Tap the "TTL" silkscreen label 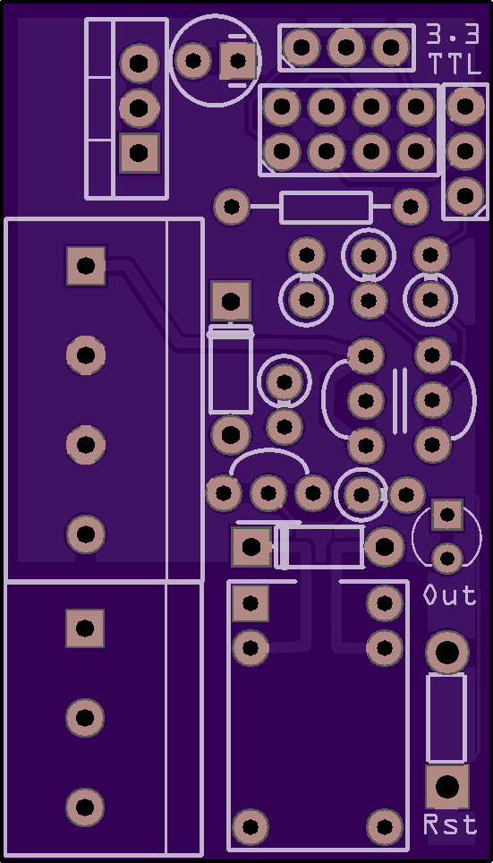(454, 64)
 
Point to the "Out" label (449, 595)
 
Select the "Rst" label (450, 825)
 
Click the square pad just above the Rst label (446, 787)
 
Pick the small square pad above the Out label (446, 515)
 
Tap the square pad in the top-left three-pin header (140, 152)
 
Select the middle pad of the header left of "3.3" (346, 47)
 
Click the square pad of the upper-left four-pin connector (86, 266)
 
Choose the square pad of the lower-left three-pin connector (85, 628)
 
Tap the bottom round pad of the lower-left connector (85, 807)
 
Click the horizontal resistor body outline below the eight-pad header (327, 208)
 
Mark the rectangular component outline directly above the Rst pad (446, 718)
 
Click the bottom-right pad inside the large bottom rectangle (385, 826)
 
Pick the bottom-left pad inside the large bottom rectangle (251, 826)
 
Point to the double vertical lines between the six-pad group (400, 400)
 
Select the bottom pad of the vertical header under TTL (465, 195)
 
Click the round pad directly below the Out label (446, 653)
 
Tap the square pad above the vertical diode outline (231, 301)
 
